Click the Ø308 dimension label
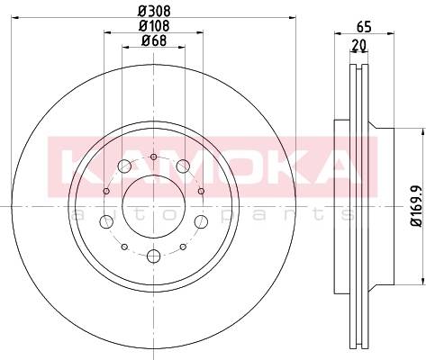(x=154, y=11)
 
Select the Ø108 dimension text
(x=154, y=25)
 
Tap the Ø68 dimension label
(x=154, y=40)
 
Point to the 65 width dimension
(x=364, y=27)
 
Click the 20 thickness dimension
(x=359, y=45)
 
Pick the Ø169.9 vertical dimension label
(x=418, y=205)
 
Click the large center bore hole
(x=154, y=206)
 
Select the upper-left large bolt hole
(x=124, y=166)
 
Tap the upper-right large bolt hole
(x=183, y=166)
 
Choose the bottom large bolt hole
(x=154, y=256)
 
